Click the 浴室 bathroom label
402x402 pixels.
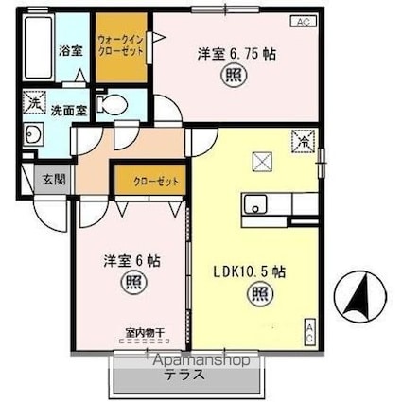point(69,50)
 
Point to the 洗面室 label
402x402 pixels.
point(70,109)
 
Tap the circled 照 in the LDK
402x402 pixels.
point(256,295)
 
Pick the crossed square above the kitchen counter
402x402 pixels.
point(260,162)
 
